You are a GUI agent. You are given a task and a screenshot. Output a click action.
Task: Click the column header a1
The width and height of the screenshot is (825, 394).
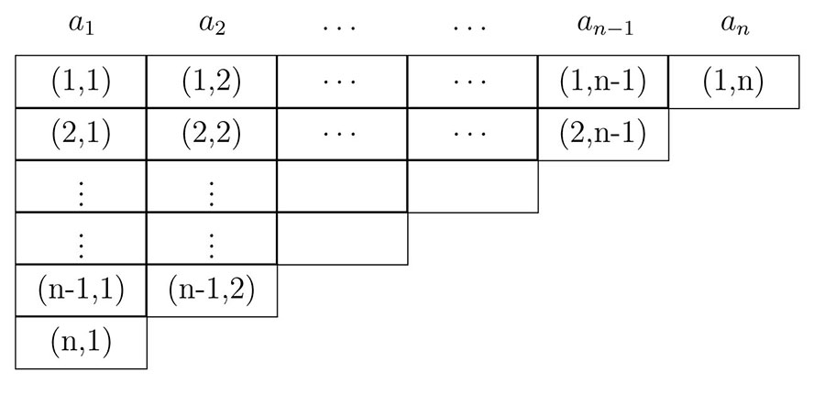tap(82, 25)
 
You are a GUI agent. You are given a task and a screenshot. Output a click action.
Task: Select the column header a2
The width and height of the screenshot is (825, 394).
tap(212, 25)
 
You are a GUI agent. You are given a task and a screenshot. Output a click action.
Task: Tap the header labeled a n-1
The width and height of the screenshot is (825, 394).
tap(602, 25)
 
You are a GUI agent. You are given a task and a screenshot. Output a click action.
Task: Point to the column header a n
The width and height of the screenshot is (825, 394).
tap(734, 25)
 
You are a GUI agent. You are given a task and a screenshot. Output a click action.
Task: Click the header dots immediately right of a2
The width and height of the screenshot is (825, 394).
tap(343, 26)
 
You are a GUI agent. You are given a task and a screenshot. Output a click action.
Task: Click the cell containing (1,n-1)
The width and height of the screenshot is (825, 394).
tap(603, 82)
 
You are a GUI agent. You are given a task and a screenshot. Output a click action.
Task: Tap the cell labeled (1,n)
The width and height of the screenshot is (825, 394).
tap(734, 82)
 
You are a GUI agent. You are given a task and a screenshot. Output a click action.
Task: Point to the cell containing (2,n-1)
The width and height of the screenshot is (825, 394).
tap(603, 134)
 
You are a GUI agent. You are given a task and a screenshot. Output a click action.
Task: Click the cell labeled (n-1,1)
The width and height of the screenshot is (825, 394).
tap(82, 291)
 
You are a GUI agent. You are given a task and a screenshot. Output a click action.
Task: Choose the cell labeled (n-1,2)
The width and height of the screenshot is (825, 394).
tap(212, 291)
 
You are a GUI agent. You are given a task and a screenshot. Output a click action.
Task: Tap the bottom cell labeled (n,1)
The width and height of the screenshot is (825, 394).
tap(82, 343)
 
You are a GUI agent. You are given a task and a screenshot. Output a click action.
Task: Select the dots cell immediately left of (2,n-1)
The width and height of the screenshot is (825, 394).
tap(473, 134)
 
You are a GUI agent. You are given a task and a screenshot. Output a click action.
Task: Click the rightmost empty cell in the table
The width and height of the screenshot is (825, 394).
tap(473, 186)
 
